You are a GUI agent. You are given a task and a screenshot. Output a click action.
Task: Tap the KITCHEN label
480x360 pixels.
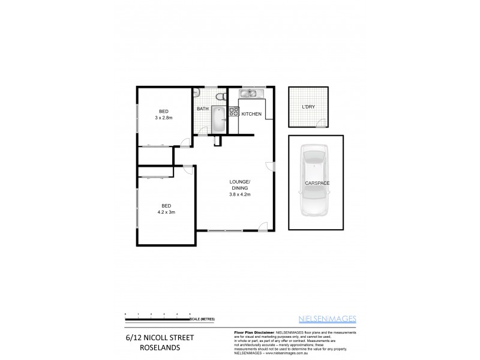coord(251,114)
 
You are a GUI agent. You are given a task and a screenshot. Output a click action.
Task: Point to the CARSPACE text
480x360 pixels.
coord(316,182)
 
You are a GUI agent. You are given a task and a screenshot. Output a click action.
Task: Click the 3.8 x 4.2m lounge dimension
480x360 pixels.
coord(239,194)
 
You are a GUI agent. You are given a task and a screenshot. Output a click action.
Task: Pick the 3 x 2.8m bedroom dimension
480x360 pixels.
coord(163,118)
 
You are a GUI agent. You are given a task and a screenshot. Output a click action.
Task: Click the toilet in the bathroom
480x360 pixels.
coord(220,96)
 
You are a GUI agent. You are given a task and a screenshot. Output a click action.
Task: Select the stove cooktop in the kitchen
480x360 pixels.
coord(233,111)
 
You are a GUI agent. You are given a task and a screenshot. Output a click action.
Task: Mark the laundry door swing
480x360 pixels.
coord(323,124)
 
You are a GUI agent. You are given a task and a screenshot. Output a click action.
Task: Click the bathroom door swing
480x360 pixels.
coord(203,136)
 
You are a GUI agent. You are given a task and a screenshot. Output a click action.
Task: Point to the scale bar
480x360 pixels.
coord(157,317)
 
